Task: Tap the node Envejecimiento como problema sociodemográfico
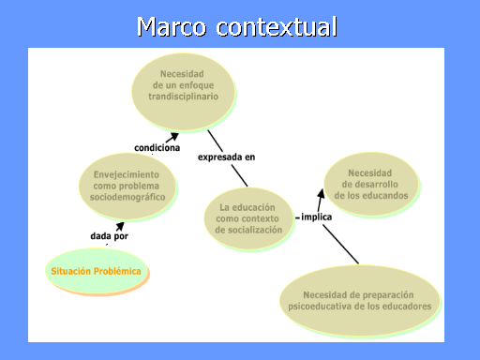coord(126,186)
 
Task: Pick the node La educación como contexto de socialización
coord(249,218)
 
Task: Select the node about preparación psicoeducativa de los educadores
coord(359,300)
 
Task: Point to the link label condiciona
coord(157,148)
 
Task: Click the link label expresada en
coord(226,157)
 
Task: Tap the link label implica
coord(316,217)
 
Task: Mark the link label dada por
coord(108,236)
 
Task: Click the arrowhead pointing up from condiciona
coord(173,136)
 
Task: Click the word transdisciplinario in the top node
coord(185,97)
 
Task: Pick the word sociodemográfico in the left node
coord(126,198)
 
